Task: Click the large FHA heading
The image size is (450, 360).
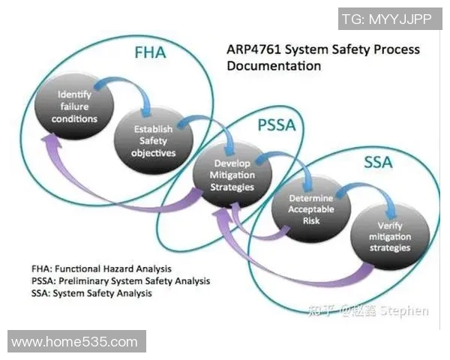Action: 150,55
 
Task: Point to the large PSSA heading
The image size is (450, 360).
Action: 277,125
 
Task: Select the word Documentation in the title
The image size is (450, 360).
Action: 273,66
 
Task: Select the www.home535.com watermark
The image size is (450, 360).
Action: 75,342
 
